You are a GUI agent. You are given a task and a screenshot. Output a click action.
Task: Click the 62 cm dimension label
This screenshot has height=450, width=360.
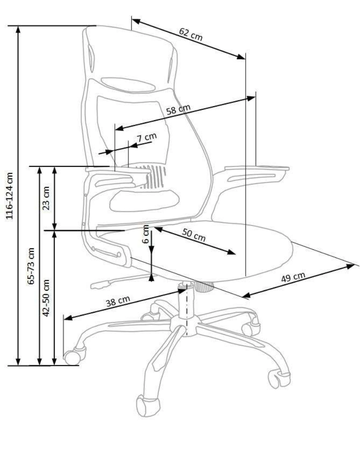(190, 35)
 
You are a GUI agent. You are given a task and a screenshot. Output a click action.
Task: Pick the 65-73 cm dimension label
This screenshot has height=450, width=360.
(31, 265)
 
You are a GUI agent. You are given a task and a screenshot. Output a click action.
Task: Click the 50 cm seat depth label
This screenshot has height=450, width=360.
(194, 236)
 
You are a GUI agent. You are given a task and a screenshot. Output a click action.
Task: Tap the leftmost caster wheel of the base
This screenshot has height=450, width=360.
(73, 357)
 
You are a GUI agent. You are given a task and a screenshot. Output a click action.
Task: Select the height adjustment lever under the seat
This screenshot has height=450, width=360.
(101, 284)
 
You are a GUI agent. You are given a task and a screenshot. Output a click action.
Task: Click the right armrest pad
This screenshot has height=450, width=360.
(256, 170)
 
